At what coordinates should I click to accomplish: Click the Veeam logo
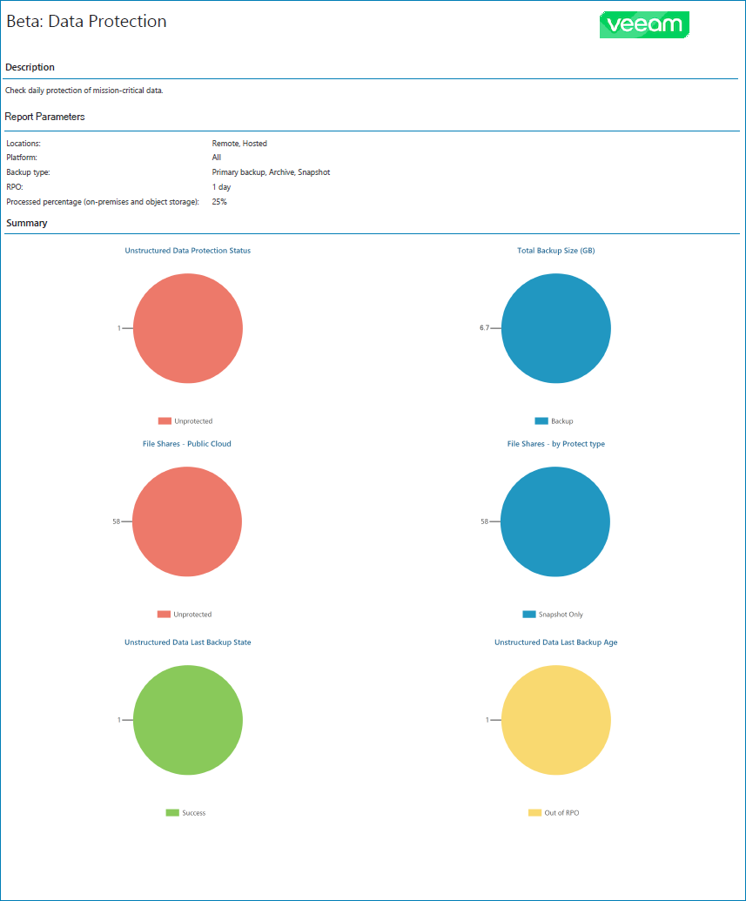click(x=644, y=24)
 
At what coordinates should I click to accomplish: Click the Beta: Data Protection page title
click(x=86, y=22)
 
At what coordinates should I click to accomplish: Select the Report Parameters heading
click(x=44, y=117)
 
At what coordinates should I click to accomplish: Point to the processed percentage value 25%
click(x=220, y=202)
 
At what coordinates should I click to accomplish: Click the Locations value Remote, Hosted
click(x=239, y=143)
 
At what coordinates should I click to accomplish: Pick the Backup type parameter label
click(x=28, y=172)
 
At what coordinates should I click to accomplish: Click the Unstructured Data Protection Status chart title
click(x=187, y=251)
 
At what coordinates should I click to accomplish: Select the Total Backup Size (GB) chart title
click(x=555, y=251)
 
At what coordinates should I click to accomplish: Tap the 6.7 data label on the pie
click(x=484, y=328)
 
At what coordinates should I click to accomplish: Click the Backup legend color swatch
click(x=541, y=421)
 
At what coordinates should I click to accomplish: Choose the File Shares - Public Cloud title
click(x=186, y=444)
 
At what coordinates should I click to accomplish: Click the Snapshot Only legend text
click(x=561, y=615)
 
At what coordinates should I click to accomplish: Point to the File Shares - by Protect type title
click(x=555, y=444)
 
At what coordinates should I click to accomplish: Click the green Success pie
click(x=187, y=720)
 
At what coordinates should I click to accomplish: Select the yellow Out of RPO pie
click(x=555, y=720)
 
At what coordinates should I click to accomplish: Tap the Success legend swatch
click(x=172, y=813)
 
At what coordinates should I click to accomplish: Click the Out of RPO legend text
click(x=561, y=813)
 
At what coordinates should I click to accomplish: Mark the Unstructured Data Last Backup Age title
click(x=555, y=642)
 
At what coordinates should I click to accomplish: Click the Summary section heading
click(x=26, y=224)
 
